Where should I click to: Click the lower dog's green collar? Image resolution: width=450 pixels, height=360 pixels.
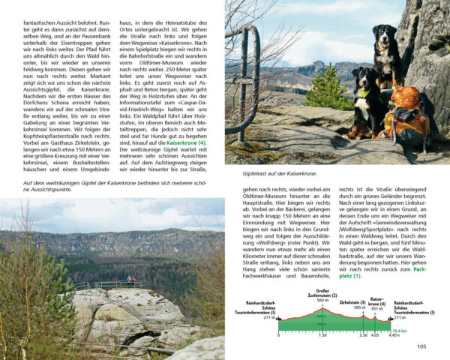pos(364,93)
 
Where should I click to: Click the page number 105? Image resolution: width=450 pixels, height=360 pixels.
pos(421,346)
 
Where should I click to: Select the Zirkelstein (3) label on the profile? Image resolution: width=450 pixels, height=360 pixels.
pos(353,302)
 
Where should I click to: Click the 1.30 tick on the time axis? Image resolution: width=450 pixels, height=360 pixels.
pos(322,335)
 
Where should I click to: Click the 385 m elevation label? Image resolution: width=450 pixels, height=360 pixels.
pos(359,307)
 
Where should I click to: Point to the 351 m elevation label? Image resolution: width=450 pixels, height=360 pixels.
pos(377,307)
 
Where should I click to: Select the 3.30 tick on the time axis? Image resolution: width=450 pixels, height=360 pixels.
pos(363,335)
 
